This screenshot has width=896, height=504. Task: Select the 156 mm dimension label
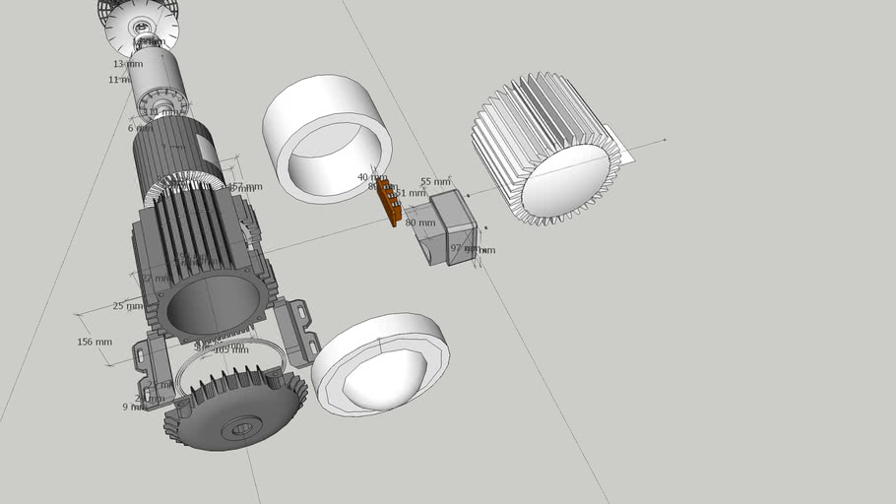point(95,343)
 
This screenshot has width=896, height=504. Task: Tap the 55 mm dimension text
point(434,182)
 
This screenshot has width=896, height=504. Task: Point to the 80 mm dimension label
point(419,222)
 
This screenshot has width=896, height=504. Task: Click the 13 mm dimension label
point(127,64)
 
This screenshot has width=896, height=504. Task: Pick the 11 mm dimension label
point(122,80)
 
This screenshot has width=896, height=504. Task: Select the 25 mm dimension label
point(127,306)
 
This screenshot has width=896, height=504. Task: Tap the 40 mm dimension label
point(371,177)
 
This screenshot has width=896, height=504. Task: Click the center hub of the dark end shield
point(239,428)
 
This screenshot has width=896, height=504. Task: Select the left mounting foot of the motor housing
point(148,364)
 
